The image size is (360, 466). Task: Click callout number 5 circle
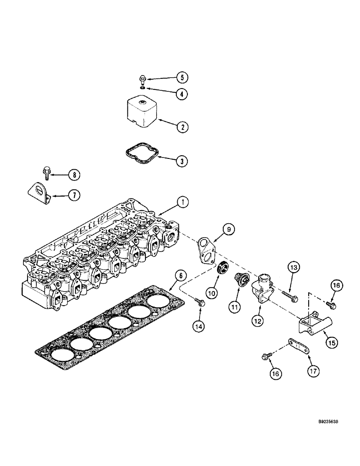[182, 77]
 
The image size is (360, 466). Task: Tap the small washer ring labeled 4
[142, 87]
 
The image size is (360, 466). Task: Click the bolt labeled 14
[198, 302]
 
